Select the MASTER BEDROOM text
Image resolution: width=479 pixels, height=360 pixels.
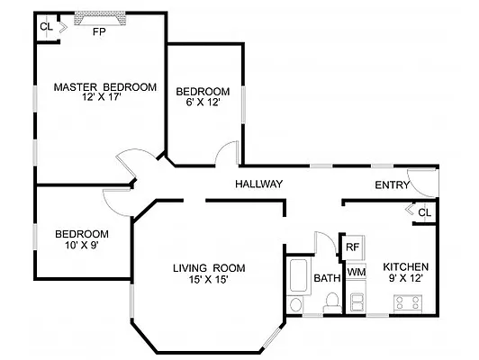click(x=104, y=87)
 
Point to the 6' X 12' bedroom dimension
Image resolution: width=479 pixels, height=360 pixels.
click(x=202, y=102)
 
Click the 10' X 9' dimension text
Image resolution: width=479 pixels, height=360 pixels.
click(x=81, y=245)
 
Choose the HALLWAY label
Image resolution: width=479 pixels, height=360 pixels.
click(x=259, y=184)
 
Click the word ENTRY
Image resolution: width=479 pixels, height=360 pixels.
click(x=393, y=185)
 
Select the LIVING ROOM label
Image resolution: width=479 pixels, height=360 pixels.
click(x=209, y=267)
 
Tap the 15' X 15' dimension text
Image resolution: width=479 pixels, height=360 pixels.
click(x=209, y=279)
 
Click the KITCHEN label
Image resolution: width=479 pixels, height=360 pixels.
click(x=406, y=267)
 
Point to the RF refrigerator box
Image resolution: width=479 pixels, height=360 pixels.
click(x=353, y=247)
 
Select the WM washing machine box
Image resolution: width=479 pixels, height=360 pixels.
click(x=356, y=271)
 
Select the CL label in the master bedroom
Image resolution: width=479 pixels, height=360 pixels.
click(x=45, y=26)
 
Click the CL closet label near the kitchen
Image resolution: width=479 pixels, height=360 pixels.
click(x=424, y=211)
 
